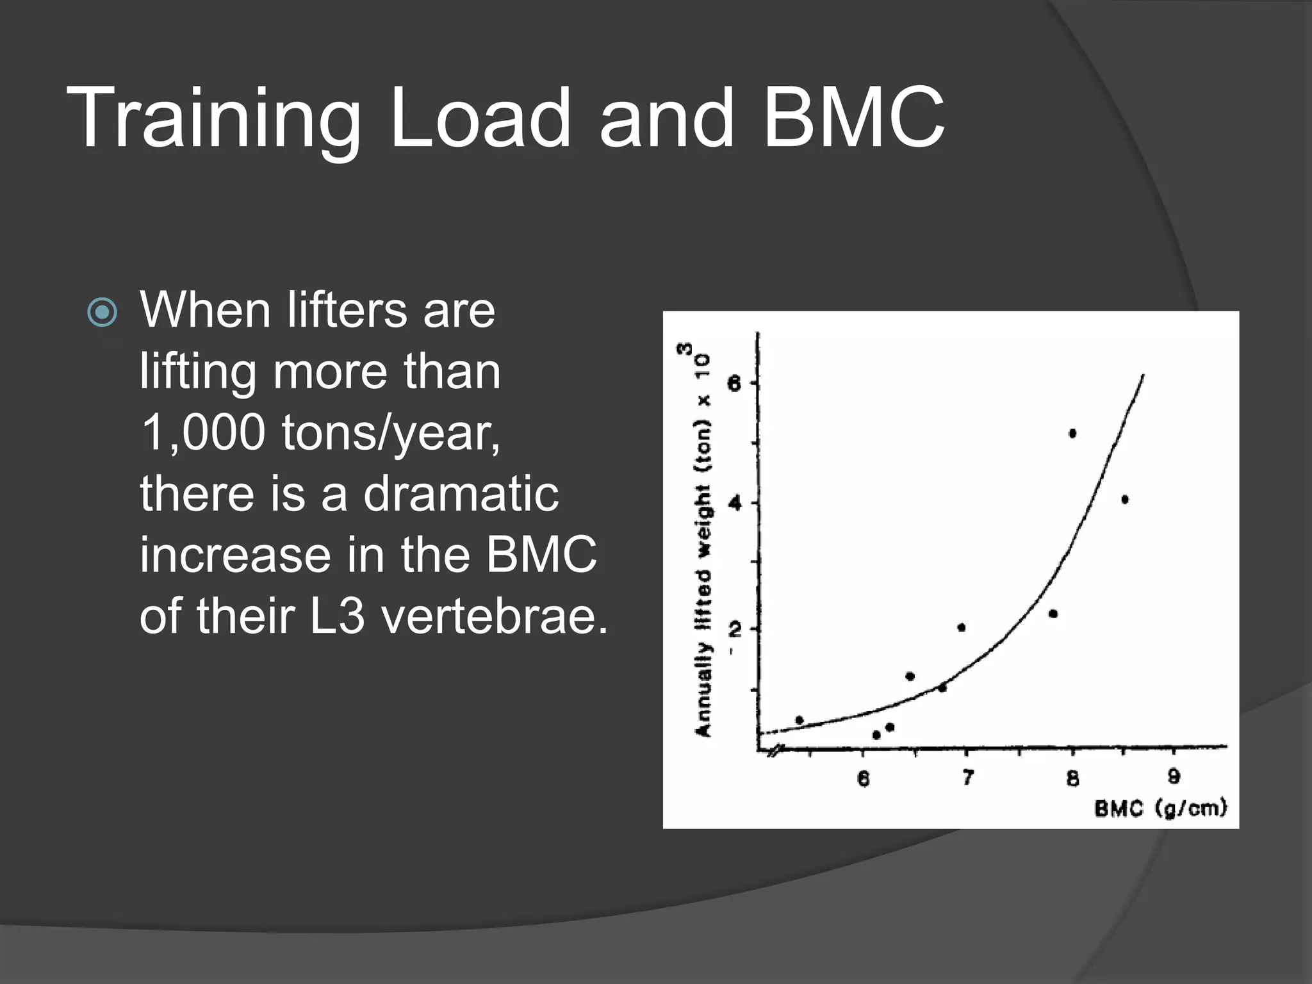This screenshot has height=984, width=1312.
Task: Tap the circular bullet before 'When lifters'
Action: tap(102, 313)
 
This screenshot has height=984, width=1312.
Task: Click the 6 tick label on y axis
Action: tap(735, 384)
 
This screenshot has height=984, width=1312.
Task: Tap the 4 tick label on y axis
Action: tap(735, 503)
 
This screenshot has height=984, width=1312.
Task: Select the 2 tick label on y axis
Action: tap(735, 628)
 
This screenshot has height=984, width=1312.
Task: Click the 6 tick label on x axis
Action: tap(863, 778)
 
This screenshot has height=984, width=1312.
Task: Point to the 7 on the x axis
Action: tap(967, 778)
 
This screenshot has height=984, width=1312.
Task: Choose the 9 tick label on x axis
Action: tap(1174, 777)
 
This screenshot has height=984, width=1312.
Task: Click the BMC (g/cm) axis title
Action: tap(1160, 808)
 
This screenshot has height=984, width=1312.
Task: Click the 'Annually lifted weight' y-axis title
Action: tap(703, 564)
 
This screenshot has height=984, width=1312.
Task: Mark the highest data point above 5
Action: tap(1072, 434)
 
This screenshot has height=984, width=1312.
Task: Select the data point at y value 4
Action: tap(1125, 500)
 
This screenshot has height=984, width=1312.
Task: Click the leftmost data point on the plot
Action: tap(799, 720)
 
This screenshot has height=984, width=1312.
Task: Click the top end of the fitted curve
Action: tap(1143, 375)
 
